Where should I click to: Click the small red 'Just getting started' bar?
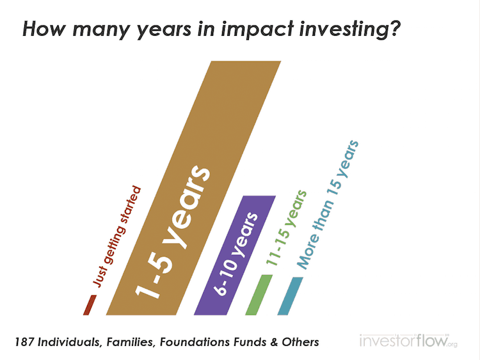click(x=90, y=305)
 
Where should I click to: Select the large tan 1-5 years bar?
click(x=193, y=188)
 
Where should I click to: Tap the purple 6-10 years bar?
click(x=235, y=255)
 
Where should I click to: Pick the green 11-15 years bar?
click(x=259, y=295)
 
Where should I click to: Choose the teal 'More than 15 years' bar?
click(x=290, y=296)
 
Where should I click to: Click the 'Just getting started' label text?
click(x=117, y=237)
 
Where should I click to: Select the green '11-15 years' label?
click(x=286, y=228)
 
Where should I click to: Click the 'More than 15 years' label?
click(x=328, y=205)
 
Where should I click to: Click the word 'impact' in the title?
click(x=257, y=29)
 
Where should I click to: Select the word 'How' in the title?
click(x=44, y=29)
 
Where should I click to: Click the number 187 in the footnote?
click(x=24, y=341)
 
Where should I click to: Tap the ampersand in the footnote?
click(x=274, y=342)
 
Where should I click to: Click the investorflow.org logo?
click(x=409, y=340)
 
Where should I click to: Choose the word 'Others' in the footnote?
click(x=300, y=342)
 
